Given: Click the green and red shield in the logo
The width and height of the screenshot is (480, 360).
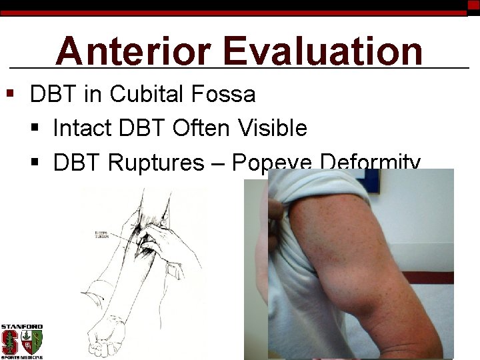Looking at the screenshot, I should point(32,342).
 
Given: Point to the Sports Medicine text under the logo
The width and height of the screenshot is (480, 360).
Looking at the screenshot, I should point(22,357).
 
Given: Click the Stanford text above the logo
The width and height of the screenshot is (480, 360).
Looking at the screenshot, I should point(22,327).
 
